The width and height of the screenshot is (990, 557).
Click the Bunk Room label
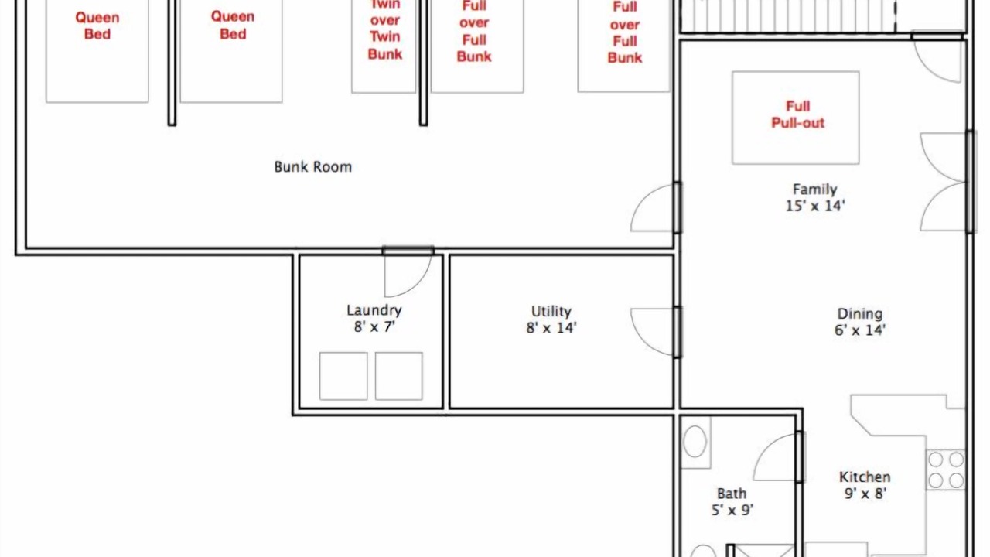(x=313, y=166)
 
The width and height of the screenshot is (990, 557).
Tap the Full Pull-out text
(x=797, y=114)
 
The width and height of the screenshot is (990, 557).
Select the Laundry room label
(x=374, y=310)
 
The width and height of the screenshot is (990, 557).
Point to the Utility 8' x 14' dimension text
(x=551, y=327)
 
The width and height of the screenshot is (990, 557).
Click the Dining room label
(x=860, y=313)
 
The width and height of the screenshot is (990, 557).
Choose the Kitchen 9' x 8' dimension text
(x=865, y=494)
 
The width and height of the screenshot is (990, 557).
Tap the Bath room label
(x=732, y=494)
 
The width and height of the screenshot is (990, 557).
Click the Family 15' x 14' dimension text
(x=815, y=206)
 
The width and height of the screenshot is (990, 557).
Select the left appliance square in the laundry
(x=343, y=376)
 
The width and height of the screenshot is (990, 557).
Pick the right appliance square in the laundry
(x=398, y=376)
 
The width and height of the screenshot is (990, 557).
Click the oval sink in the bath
(x=695, y=441)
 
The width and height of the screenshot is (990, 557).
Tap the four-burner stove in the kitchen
(x=946, y=470)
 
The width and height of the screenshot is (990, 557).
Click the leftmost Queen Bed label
(x=97, y=26)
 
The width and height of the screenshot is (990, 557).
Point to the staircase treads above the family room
(x=789, y=16)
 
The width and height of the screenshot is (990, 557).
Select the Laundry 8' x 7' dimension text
(x=374, y=326)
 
